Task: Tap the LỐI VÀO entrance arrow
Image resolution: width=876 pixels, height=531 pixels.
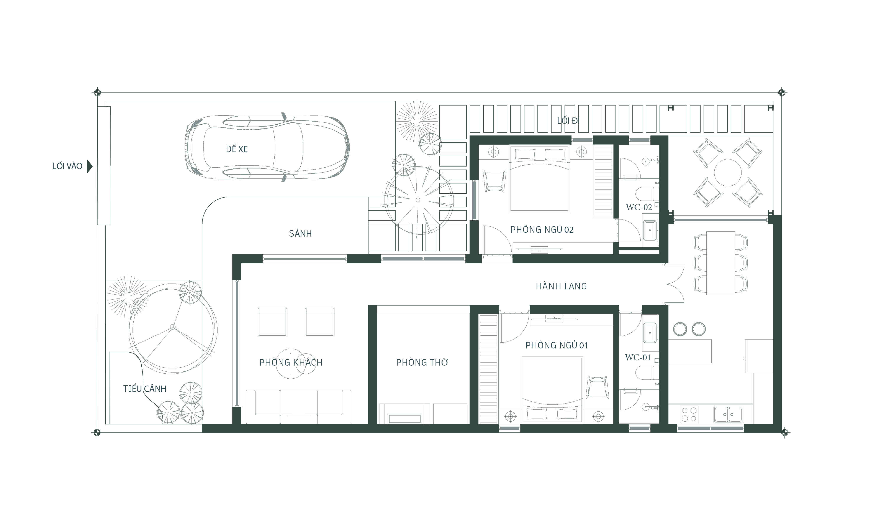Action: click(90, 166)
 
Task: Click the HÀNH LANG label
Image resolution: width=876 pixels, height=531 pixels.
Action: click(561, 286)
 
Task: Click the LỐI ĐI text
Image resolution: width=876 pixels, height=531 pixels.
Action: click(568, 121)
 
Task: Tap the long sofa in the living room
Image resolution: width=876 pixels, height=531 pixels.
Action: click(299, 407)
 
